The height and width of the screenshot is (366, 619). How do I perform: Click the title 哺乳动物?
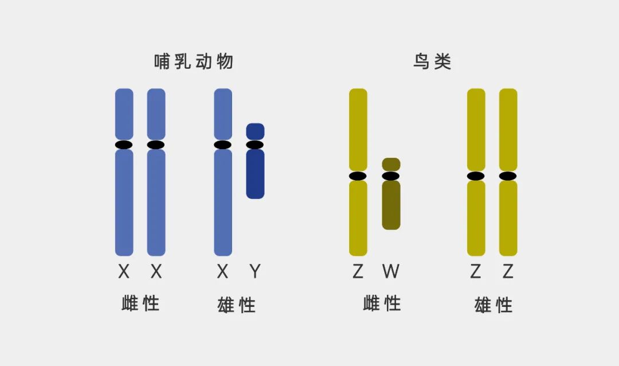pos(194,61)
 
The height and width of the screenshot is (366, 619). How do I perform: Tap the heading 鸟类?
pos(433,61)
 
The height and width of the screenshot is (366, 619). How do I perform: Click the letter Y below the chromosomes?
pos(255,271)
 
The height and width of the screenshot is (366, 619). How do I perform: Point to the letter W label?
pos(390,271)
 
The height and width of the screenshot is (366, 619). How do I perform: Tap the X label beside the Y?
pos(222,271)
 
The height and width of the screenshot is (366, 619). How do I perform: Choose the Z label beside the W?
pos(358,271)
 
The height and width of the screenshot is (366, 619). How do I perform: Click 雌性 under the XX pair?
pos(140,303)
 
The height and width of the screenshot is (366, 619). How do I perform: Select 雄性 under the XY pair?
pos(237,305)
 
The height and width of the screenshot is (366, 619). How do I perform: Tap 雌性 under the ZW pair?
pos(382,303)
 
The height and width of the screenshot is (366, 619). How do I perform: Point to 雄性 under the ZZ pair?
pos(493,305)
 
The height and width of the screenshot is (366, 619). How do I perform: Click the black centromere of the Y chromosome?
pos(255,145)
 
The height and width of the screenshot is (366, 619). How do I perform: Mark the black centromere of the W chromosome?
pos(391,176)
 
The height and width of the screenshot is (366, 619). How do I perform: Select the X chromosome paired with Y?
pos(223,201)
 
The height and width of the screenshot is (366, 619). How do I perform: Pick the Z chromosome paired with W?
pos(358,218)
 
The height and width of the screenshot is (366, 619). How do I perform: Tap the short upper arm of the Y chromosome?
pos(255,131)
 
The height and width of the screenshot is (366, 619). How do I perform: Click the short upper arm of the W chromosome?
pos(391,164)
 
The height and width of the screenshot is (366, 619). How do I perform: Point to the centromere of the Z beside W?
pos(358,176)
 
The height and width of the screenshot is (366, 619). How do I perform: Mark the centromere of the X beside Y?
pos(223,145)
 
